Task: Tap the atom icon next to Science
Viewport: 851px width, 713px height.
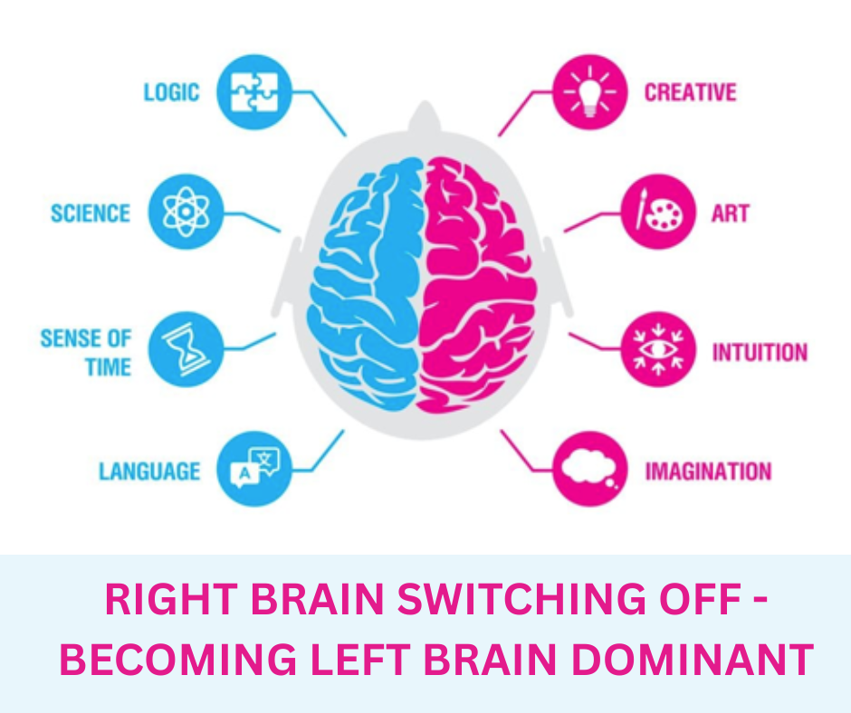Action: pos(185,212)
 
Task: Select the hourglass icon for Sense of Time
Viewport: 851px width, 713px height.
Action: pos(185,349)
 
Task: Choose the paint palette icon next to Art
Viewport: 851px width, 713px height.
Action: pos(658,212)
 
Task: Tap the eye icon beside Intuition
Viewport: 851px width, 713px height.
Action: pos(658,349)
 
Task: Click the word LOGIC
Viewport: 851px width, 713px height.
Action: pos(171,92)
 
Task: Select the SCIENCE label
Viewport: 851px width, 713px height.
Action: pos(91,214)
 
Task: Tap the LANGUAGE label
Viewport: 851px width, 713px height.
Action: pos(149,471)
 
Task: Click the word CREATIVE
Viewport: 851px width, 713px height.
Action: pos(690,92)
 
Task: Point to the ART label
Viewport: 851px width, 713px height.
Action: pos(731,214)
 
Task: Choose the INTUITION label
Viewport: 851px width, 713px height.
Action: pos(759,352)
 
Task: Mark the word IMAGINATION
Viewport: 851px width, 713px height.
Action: pos(707,471)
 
